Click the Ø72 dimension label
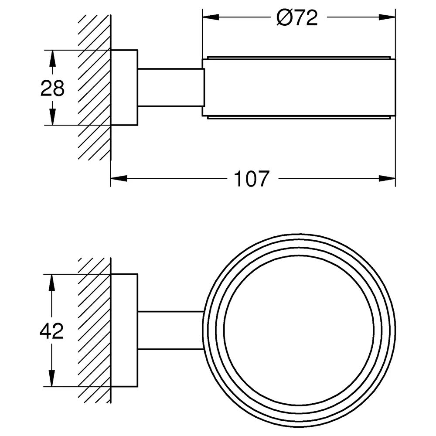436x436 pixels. [297, 18]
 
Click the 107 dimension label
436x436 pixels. [252, 179]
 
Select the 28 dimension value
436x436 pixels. [52, 88]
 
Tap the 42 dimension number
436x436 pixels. [52, 331]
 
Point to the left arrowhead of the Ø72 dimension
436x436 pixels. [211, 17]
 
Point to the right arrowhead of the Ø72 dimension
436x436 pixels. [387, 17]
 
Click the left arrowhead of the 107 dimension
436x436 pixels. [119, 178]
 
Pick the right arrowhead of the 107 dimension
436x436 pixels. [387, 178]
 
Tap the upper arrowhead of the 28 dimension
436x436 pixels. [52, 58]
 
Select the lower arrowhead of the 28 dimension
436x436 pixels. [52, 117]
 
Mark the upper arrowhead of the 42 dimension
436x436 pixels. [52, 283]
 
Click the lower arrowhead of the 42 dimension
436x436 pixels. [52, 378]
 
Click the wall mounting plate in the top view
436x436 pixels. [124, 88]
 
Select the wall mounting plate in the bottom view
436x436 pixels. [124, 330]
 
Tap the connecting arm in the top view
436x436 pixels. [170, 87]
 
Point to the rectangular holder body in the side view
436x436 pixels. [299, 87]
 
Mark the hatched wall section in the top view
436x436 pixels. [95, 87]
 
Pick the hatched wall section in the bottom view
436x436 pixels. [95, 330]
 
